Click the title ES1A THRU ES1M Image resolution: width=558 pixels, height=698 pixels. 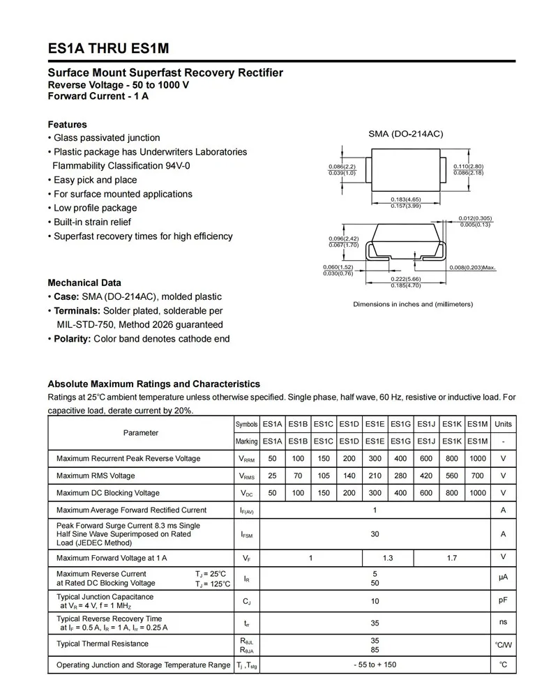108,49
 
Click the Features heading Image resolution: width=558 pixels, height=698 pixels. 67,124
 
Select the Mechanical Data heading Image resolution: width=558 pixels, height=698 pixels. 84,282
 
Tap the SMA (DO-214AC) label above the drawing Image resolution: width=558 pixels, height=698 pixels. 405,134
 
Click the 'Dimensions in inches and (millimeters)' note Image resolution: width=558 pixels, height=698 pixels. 413,304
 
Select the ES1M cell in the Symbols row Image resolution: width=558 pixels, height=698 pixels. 477,424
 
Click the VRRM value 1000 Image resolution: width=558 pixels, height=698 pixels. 477,458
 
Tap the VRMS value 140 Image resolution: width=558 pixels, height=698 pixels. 349,476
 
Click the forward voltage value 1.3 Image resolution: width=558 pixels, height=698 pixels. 388,558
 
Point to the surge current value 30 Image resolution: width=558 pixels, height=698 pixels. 375,534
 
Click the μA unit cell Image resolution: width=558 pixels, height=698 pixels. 503,578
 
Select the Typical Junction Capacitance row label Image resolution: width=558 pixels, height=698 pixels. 105,597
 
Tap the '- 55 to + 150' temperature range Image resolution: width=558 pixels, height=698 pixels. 375,665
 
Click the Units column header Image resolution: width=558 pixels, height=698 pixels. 503,424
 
